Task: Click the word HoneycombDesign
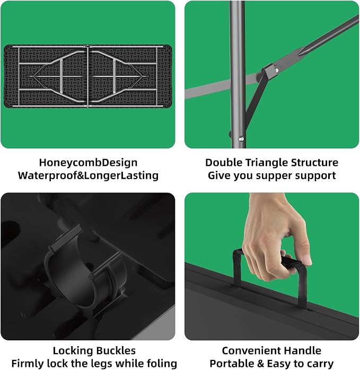point(89,163)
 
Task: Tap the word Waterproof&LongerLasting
point(89,176)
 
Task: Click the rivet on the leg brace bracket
point(276,71)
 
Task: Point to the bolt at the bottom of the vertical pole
point(241,139)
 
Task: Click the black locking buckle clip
point(86,267)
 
